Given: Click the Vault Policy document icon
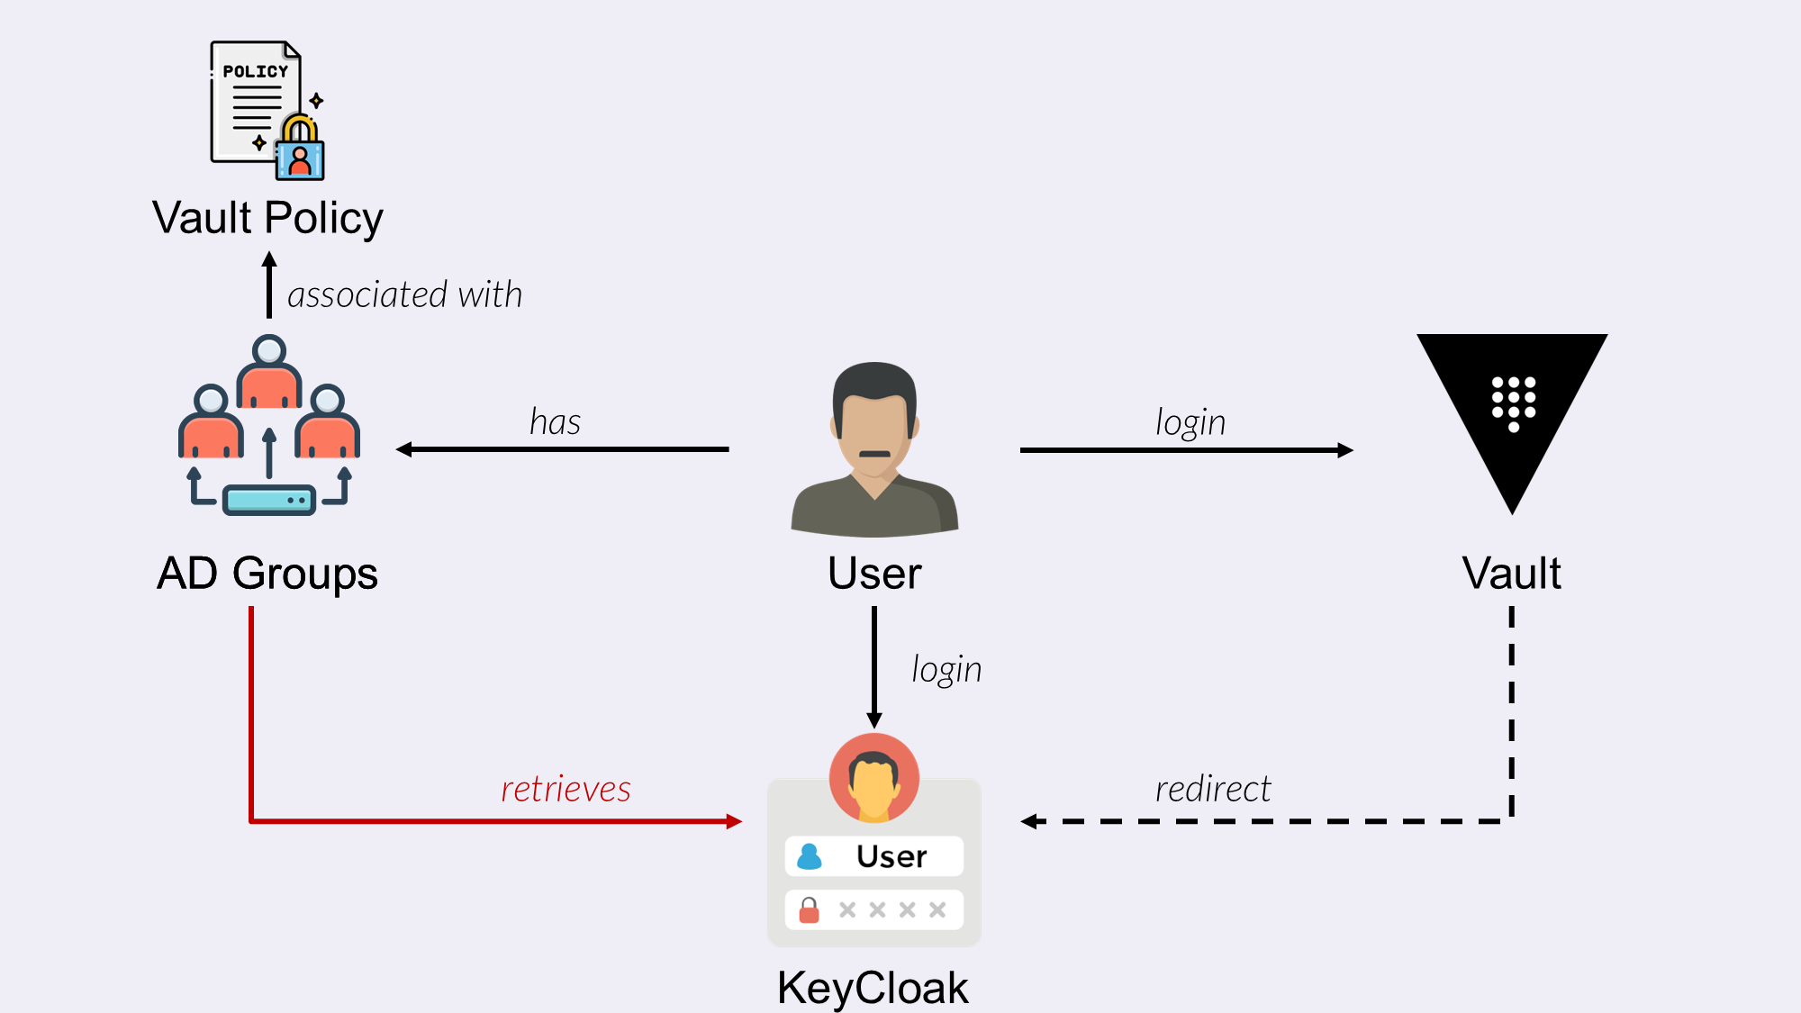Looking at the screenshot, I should [255, 101].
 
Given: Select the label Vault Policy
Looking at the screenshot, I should [267, 218].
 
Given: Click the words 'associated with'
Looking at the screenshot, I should [404, 295].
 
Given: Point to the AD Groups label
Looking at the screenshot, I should [267, 574].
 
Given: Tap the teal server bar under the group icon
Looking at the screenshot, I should [268, 500].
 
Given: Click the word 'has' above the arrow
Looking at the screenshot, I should [555, 422].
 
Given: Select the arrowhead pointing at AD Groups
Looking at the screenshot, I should [404, 449].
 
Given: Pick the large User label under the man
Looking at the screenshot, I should [874, 574].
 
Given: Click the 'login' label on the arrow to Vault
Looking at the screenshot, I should [1190, 422].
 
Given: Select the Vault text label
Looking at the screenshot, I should [1512, 574].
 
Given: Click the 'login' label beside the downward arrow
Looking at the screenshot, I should [946, 670].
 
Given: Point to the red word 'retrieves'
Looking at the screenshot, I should [566, 789].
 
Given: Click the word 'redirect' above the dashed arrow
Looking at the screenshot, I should [1213, 789].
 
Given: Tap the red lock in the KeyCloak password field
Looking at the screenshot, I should [810, 910].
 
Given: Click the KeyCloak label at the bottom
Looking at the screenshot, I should [873, 988].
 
